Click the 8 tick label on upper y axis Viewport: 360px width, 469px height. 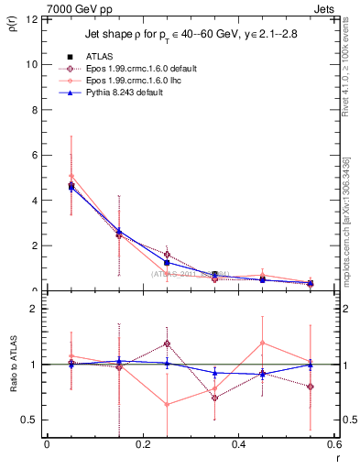[34, 110]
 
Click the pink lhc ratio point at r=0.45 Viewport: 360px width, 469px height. [263, 343]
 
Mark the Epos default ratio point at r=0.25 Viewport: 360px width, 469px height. [167, 344]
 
